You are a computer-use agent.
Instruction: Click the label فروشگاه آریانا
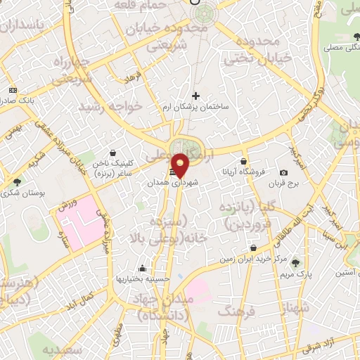243,171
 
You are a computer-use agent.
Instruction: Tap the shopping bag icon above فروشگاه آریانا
243,162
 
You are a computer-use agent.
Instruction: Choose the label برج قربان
284,184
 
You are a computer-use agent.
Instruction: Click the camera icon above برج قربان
283,173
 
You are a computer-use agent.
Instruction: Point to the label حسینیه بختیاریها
143,278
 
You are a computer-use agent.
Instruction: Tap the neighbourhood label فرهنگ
237,310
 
